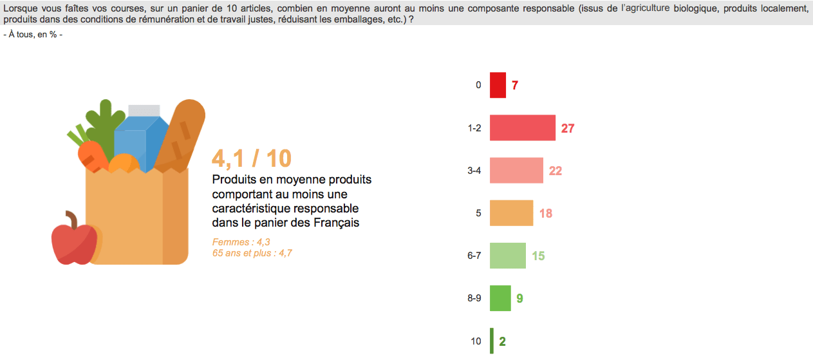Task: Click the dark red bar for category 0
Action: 498,85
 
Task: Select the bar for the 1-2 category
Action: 522,128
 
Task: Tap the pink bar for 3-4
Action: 516,171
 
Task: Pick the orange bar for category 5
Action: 511,213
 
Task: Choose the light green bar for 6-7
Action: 508,256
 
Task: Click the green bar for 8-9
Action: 500,298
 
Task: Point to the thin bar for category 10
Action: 492,341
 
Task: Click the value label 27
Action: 567,128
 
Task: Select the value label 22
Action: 556,171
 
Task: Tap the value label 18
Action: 546,213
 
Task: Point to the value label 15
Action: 538,256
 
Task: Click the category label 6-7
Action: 474,256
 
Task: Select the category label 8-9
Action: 474,299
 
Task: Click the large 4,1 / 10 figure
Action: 252,158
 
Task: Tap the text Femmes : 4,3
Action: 241,242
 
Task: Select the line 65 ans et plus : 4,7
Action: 252,253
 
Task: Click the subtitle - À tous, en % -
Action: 33,34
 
